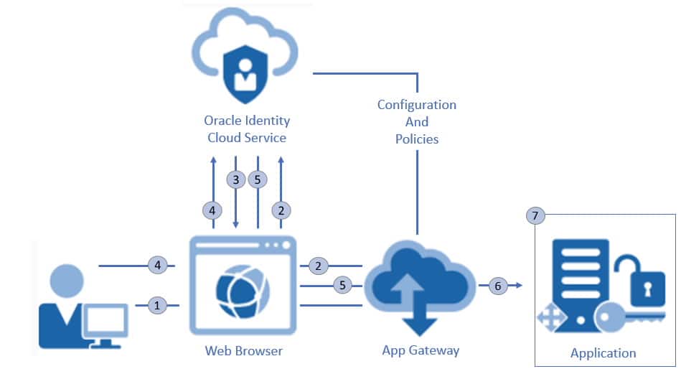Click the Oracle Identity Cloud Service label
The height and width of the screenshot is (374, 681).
(x=247, y=128)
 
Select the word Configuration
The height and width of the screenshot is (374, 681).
(x=416, y=105)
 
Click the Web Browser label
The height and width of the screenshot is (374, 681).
(x=243, y=351)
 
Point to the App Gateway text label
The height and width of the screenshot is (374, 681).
(x=421, y=350)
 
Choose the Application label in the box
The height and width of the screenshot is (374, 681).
(x=603, y=352)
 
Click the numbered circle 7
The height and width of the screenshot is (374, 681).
(x=535, y=215)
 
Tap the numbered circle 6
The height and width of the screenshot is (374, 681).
(x=497, y=286)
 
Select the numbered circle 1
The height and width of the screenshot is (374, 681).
(x=158, y=305)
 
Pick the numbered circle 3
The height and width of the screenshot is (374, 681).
(x=235, y=179)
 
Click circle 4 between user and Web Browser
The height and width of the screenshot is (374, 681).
(x=158, y=265)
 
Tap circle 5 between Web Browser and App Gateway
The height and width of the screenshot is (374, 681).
(x=342, y=286)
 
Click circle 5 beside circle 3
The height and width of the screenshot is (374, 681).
(x=258, y=179)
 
